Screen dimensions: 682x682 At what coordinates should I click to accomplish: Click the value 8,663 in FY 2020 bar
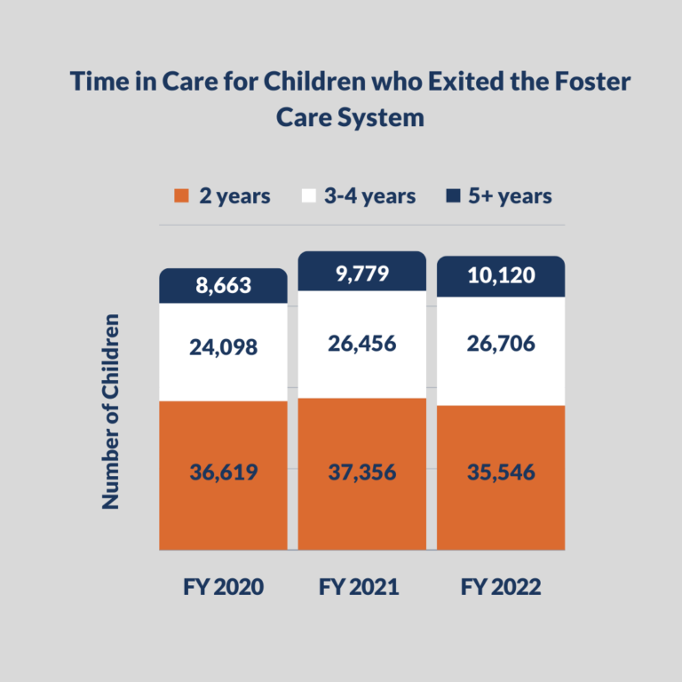pos(223,286)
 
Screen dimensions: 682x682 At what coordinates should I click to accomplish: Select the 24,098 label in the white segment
pos(223,347)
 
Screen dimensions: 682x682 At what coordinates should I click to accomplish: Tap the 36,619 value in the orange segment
pos(223,472)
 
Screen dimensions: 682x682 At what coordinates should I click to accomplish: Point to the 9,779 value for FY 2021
pos(361,274)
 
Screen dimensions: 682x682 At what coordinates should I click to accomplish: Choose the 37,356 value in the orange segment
pos(361,472)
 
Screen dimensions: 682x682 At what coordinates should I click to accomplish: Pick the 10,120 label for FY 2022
pos(500,275)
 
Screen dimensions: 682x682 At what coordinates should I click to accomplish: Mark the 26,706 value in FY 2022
pos(500,344)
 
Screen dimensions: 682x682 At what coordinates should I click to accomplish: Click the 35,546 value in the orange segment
pos(500,472)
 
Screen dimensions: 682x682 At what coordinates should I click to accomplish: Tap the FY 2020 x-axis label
pos(223,588)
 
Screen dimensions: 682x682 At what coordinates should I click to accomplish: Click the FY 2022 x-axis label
pos(500,588)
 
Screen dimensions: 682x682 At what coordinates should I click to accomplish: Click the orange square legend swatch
pos(182,196)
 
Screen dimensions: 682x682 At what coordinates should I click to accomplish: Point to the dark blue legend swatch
pos(453,196)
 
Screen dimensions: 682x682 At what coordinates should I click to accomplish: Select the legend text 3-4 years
pos(368,196)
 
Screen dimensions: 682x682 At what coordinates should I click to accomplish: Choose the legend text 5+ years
pos(511,196)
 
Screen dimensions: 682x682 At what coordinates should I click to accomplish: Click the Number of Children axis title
pos(110,410)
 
